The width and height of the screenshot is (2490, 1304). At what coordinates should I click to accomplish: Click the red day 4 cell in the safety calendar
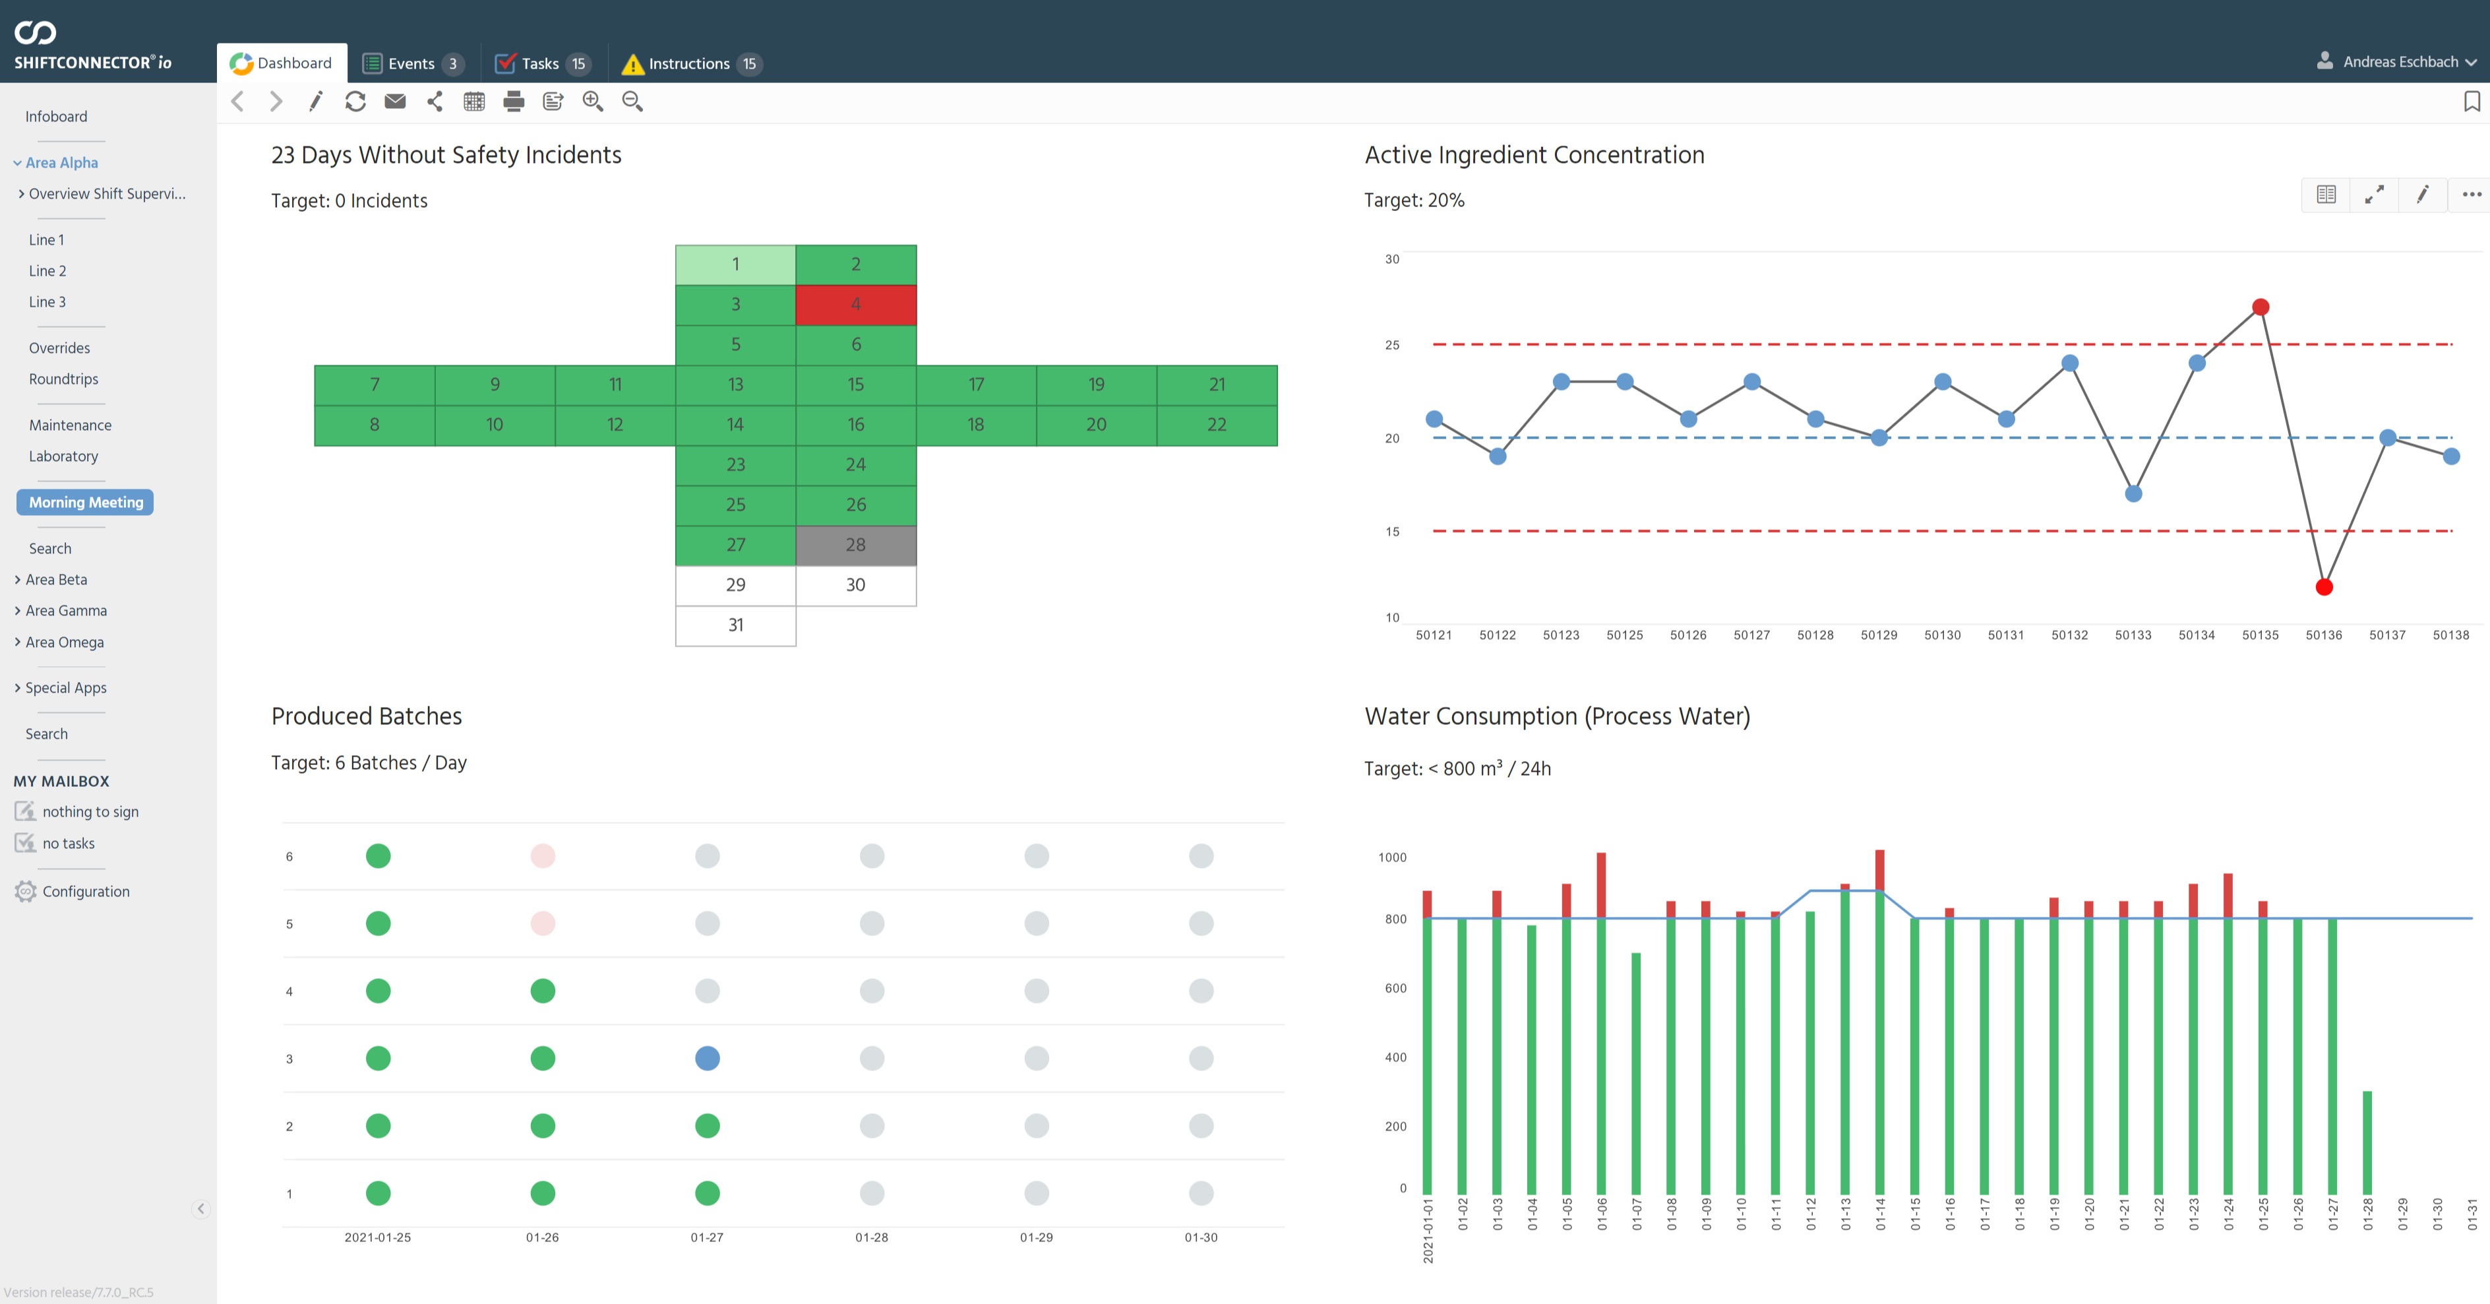[855, 305]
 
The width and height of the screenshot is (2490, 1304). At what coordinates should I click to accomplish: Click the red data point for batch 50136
[2324, 587]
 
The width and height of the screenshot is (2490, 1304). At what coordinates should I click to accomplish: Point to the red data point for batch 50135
[2260, 307]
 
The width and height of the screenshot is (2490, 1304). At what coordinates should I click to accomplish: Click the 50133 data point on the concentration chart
[2133, 494]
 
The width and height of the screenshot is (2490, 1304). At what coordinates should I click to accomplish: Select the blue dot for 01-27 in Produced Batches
[707, 1059]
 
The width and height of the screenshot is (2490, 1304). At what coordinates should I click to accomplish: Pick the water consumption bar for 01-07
[1635, 1073]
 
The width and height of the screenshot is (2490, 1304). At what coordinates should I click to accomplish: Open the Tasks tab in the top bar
[540, 64]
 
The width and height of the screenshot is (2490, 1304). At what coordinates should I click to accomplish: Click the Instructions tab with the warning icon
[688, 64]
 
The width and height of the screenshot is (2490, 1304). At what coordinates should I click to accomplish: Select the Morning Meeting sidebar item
[85, 503]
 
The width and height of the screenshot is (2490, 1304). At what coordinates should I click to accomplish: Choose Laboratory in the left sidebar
[63, 456]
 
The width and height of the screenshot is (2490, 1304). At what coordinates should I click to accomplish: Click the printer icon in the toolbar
[513, 102]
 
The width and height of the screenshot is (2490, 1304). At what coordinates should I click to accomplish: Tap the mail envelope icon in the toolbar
[394, 102]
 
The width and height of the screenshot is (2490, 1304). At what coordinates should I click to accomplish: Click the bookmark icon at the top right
[2471, 102]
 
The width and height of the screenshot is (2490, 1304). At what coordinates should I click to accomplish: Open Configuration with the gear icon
[85, 891]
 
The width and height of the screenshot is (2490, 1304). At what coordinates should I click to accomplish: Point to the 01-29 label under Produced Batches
[1036, 1237]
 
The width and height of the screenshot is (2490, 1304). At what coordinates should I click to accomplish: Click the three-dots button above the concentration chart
[2471, 195]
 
